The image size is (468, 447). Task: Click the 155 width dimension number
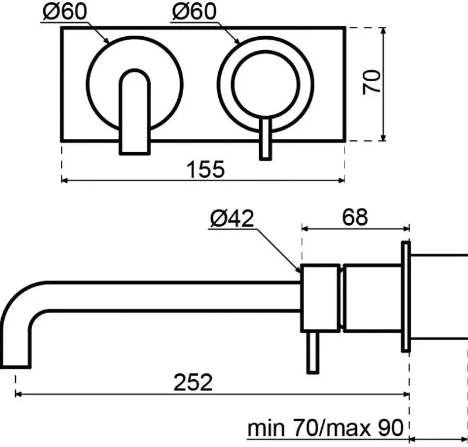coord(205,169)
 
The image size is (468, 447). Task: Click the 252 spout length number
coord(194,383)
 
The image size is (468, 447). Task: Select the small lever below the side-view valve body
coord(313,351)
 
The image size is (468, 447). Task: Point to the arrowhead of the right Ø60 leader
coord(238,41)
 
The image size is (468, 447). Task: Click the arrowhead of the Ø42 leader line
coord(298,269)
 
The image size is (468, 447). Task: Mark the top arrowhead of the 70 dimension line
coord(383,30)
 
